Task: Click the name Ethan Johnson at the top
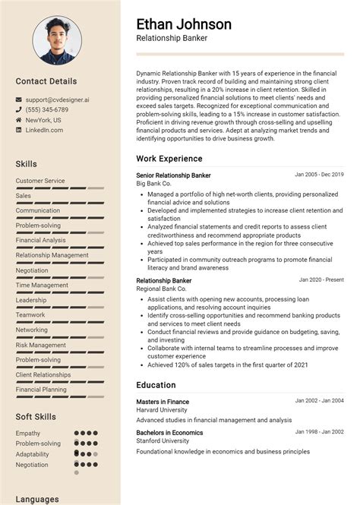(x=184, y=24)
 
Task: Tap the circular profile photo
(x=57, y=41)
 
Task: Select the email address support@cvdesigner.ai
(x=56, y=99)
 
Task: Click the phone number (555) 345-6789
(x=46, y=110)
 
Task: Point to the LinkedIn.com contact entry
(x=44, y=131)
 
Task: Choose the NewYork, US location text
(x=43, y=120)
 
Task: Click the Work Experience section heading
(x=169, y=159)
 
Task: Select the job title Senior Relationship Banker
(x=173, y=175)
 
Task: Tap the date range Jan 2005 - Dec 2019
(x=319, y=175)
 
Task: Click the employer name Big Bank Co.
(x=154, y=184)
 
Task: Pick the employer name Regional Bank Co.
(x=161, y=289)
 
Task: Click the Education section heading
(x=156, y=385)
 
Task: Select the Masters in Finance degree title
(x=163, y=401)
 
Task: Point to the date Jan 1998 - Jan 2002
(x=319, y=432)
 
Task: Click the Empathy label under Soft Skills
(x=28, y=434)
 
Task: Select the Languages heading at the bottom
(x=37, y=499)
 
